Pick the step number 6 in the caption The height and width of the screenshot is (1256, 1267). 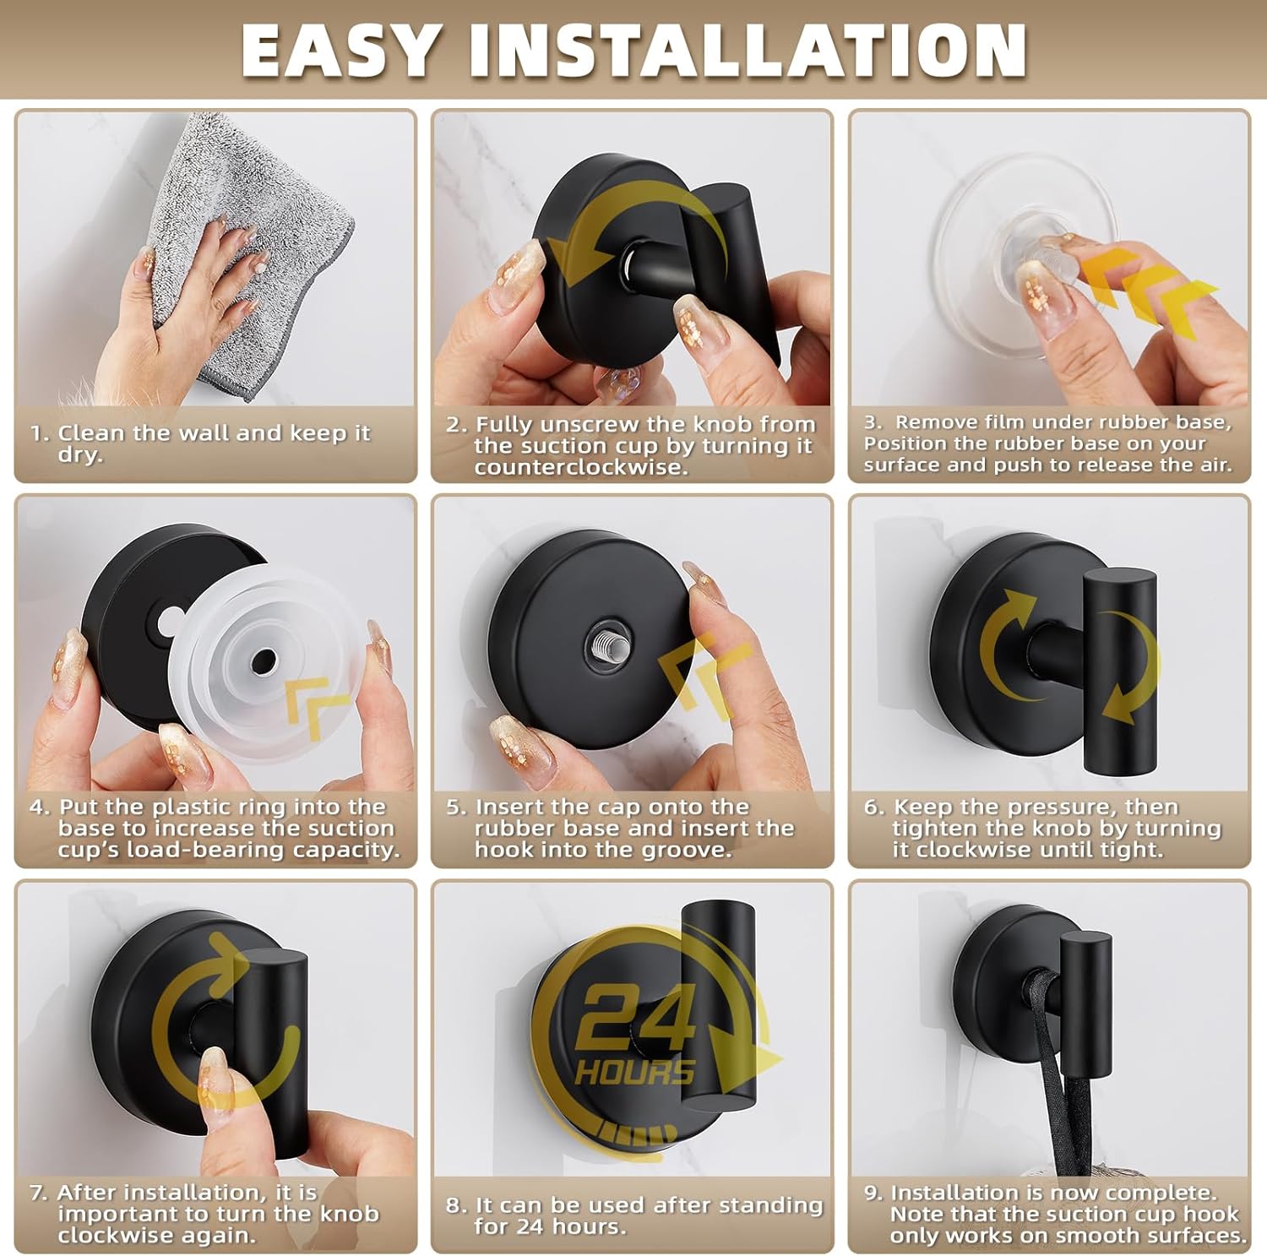coord(873,807)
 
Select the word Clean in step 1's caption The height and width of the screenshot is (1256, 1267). coord(92,433)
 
